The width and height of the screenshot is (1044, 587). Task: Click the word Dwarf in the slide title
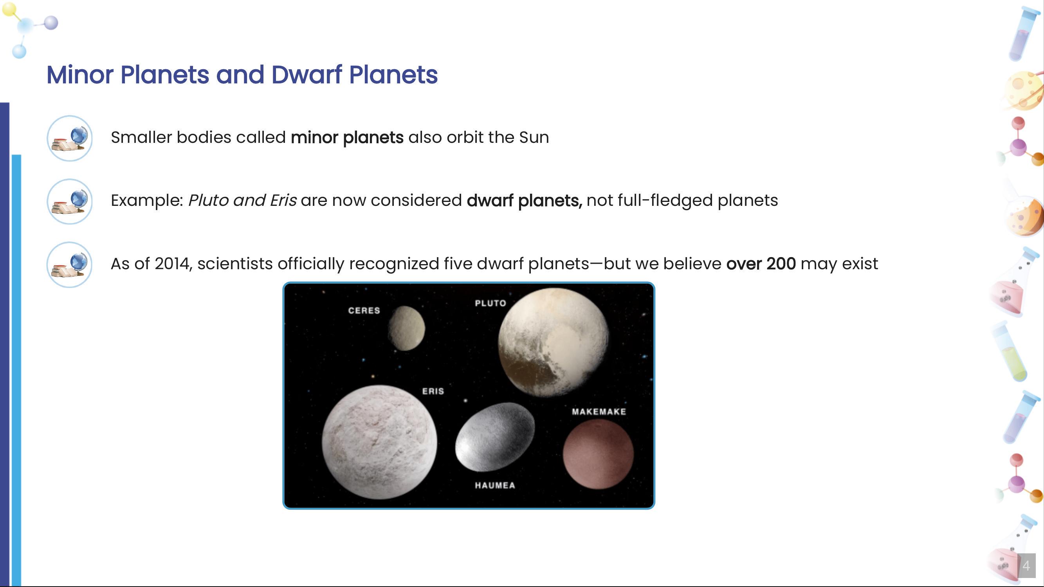pos(307,75)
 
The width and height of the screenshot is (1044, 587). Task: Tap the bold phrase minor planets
pos(347,138)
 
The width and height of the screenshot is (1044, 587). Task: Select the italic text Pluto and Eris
pos(242,200)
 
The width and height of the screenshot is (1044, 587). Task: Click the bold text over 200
pos(761,264)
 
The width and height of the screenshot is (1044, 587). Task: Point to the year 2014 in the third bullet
pos(172,264)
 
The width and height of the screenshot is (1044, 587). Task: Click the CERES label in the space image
pos(364,311)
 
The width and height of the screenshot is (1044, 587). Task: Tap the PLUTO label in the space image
pos(490,303)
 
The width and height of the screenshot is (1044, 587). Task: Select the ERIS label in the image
pos(433,391)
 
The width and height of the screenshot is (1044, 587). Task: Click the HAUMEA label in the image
pos(495,485)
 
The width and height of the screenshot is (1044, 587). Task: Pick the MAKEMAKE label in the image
pos(599,412)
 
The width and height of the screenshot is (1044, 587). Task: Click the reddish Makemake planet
pos(598,454)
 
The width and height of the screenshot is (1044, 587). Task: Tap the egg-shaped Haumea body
pos(494,438)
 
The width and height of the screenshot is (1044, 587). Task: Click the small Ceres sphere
pos(406,328)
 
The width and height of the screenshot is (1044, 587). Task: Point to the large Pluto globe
pos(553,342)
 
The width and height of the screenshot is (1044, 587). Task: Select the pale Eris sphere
pos(379,441)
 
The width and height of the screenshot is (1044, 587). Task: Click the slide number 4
pos(1026,565)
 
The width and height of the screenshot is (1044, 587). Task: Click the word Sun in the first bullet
pos(534,138)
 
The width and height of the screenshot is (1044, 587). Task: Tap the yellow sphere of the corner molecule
pos(9,9)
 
